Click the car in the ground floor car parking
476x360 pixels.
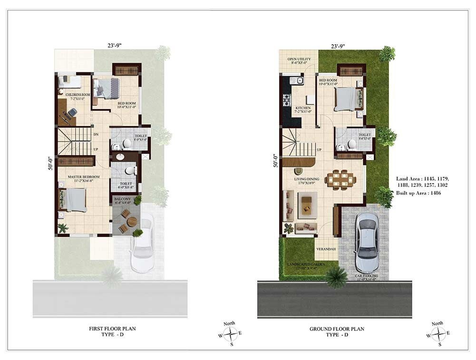pos(367,242)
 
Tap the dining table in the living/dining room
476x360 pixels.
pos(340,180)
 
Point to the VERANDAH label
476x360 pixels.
pos(326,249)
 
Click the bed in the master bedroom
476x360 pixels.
pos(74,200)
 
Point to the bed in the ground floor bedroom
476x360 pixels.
pos(346,99)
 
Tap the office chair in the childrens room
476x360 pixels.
pos(71,113)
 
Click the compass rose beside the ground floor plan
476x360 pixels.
pos(437,334)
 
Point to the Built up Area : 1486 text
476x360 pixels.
pos(421,193)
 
